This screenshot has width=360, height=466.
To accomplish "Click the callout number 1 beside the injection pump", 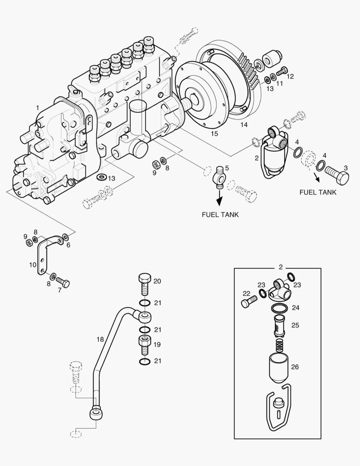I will pos(38,107).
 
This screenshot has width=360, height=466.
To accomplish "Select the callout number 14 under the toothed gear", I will pos(244,125).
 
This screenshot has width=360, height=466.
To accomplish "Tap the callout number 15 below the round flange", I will pos(214,134).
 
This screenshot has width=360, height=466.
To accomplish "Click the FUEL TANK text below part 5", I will pos(220,214).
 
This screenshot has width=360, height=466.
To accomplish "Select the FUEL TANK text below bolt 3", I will pos(318,192).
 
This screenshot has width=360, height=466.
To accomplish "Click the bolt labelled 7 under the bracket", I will pos(63,283).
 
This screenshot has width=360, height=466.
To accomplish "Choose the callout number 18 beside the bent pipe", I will pos(100,340).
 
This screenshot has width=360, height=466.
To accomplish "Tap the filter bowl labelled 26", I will pos(279,368).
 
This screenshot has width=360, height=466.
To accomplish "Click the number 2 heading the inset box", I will pos(281,267).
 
